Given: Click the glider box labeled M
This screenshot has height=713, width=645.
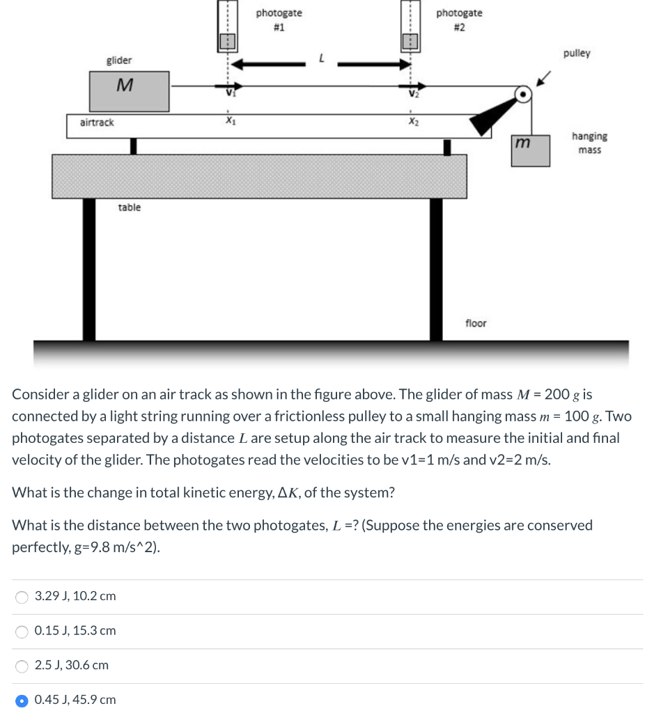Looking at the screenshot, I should click(x=129, y=91).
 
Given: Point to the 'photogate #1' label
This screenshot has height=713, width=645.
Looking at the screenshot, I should click(x=279, y=20).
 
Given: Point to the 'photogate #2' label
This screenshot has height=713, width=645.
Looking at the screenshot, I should click(x=459, y=20).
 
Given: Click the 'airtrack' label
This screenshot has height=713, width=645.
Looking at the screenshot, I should click(x=97, y=123).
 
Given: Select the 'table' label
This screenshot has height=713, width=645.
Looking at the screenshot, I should click(x=129, y=207).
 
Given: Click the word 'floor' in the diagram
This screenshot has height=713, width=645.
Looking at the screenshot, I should click(x=476, y=323).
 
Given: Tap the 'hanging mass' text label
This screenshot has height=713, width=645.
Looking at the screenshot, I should click(x=589, y=143).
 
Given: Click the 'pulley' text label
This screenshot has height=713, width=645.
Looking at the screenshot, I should click(x=577, y=53).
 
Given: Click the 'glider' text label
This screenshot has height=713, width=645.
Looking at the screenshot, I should click(x=119, y=61).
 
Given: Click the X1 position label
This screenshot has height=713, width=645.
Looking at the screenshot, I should click(x=228, y=119).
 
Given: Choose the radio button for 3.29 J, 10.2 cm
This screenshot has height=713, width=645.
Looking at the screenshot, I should click(x=22, y=597).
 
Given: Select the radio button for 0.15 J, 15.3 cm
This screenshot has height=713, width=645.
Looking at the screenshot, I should click(x=22, y=631).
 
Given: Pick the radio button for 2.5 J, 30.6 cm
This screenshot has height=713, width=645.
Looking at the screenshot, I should click(x=22, y=666).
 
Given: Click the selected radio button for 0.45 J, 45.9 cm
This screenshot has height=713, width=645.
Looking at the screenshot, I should click(x=22, y=700).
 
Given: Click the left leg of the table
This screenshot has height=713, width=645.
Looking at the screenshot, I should click(x=89, y=269).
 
